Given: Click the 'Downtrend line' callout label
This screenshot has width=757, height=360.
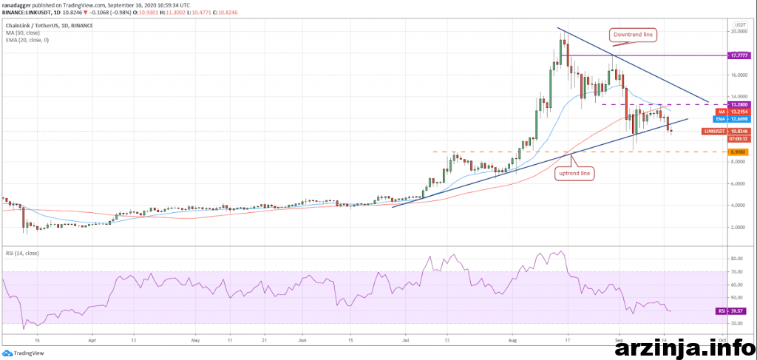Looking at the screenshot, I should (633, 34).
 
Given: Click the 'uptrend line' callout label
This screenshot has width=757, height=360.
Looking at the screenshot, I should (574, 172).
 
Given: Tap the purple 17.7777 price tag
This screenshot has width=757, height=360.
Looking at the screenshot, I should (736, 55).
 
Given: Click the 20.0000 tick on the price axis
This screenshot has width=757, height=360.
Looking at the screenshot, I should (737, 32).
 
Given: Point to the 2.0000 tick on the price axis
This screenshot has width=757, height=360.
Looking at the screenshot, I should (737, 228).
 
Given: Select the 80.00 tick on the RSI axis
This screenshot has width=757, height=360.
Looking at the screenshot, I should (735, 259).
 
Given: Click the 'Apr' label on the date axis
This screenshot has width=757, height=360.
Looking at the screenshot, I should (92, 342).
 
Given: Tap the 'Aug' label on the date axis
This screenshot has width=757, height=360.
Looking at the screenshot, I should (515, 342).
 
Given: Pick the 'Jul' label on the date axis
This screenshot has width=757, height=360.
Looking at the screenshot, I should (406, 342).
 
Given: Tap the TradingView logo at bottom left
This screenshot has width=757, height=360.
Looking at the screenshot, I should (26, 353).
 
